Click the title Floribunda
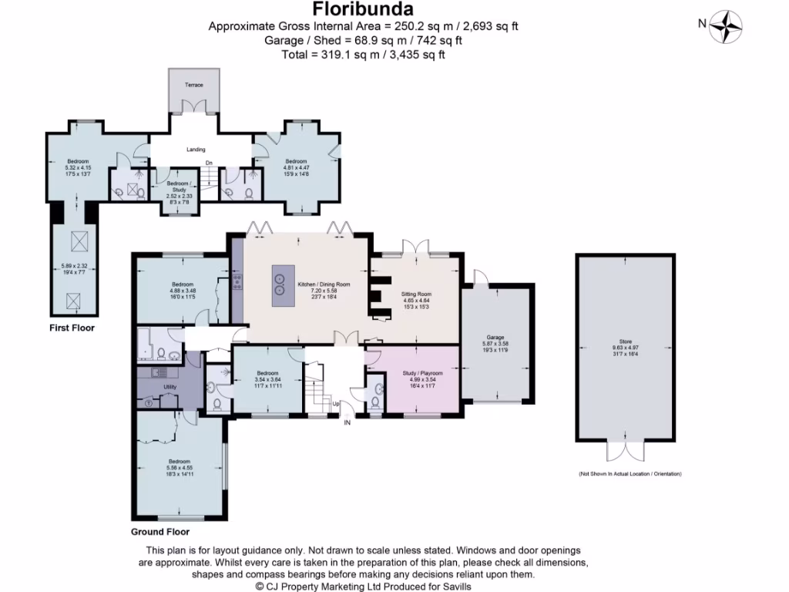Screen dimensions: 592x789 tap(363, 9)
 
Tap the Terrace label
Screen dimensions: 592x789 tap(194, 84)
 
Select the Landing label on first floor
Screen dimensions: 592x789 tap(196, 150)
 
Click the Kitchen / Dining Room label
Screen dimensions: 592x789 tap(324, 284)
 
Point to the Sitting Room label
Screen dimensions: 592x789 tap(416, 294)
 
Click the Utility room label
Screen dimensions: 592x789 tap(170, 386)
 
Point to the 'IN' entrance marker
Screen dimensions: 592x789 tap(347, 422)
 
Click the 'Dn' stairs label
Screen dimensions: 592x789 tap(209, 163)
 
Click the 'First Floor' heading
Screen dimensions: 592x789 tap(72, 328)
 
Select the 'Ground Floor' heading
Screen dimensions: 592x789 tap(159, 532)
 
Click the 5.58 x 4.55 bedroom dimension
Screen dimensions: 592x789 tap(179, 467)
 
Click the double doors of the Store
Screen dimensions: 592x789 tap(625, 450)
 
